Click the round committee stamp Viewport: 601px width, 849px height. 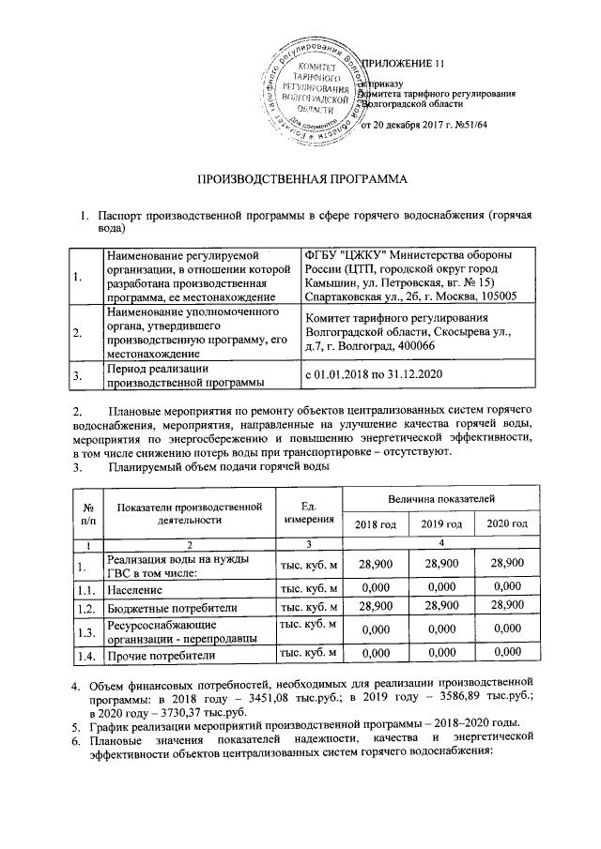315,90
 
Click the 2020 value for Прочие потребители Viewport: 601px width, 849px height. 506,653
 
